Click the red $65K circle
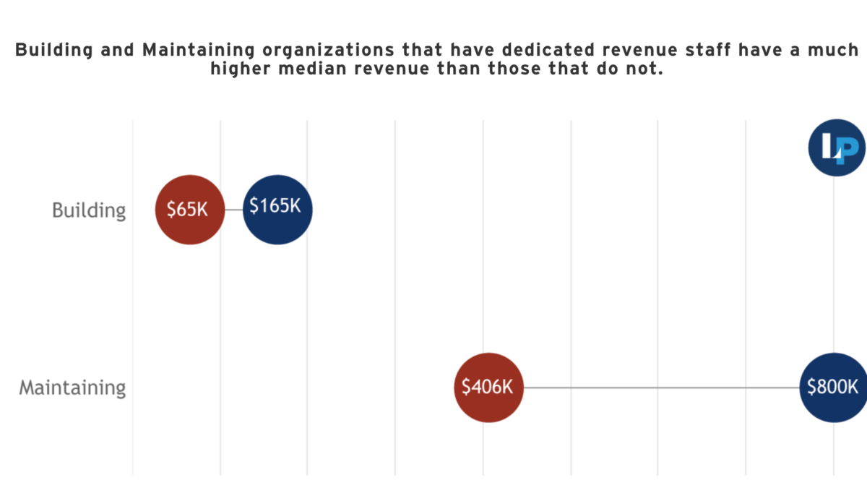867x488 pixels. click(189, 210)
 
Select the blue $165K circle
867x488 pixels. click(277, 210)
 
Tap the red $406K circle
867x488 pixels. click(489, 388)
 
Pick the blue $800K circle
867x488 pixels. click(833, 388)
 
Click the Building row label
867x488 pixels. click(89, 211)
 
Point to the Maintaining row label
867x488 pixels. click(72, 388)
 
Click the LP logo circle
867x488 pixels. click(837, 147)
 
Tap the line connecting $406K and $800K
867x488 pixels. click(662, 388)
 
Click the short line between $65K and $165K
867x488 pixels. click(234, 210)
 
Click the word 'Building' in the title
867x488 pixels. click(54, 51)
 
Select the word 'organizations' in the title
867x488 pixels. click(328, 51)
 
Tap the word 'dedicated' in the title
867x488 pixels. click(548, 50)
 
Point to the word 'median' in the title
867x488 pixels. click(312, 69)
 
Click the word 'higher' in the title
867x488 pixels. click(241, 69)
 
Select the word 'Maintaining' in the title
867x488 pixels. click(199, 51)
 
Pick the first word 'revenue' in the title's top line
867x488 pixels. click(640, 51)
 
